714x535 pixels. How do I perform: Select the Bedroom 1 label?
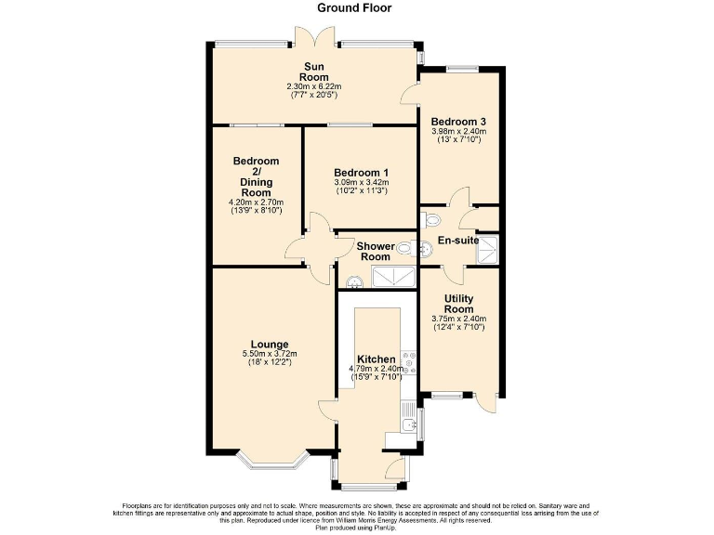click(x=361, y=173)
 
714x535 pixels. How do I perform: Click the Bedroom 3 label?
click(x=458, y=122)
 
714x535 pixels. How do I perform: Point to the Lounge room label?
click(x=269, y=344)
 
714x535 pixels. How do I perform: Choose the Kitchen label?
click(x=377, y=359)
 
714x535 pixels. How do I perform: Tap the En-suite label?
click(x=458, y=241)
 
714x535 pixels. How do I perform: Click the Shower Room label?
click(x=375, y=252)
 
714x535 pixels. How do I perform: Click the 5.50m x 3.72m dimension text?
click(x=269, y=354)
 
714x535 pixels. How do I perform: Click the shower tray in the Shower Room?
click(x=394, y=276)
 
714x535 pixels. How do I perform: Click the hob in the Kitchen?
click(x=407, y=360)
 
